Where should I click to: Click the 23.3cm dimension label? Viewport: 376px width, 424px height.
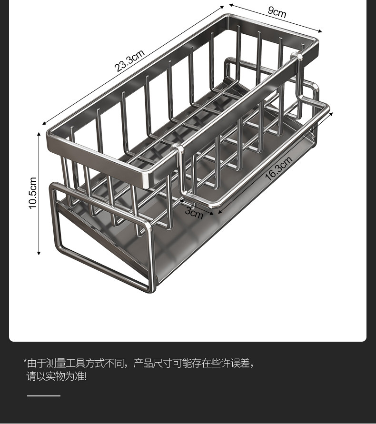click(x=129, y=60)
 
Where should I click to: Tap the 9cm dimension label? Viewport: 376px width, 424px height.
click(x=277, y=11)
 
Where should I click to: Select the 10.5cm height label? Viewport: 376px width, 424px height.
click(x=32, y=193)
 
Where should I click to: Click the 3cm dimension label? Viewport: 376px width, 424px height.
click(x=194, y=212)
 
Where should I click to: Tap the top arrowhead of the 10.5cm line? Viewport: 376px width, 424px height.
click(x=39, y=135)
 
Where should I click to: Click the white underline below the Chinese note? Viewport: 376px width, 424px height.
click(x=44, y=395)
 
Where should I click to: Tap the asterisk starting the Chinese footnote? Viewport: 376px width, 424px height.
click(x=25, y=362)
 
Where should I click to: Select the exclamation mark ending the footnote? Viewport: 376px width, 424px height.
click(x=85, y=376)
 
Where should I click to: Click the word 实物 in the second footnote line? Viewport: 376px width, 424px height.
click(x=54, y=376)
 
